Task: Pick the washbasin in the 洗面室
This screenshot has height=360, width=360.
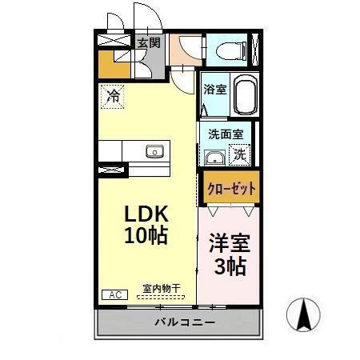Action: click(214, 156)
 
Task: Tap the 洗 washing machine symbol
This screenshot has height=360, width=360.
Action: click(239, 155)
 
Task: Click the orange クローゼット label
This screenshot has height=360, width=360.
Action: click(230, 189)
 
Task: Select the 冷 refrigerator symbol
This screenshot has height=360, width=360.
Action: click(113, 98)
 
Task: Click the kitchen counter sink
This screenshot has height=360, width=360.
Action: click(154, 151)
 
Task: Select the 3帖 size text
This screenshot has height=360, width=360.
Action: click(229, 266)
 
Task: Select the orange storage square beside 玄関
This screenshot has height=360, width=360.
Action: click(110, 64)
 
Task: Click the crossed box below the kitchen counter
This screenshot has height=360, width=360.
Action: click(112, 169)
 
